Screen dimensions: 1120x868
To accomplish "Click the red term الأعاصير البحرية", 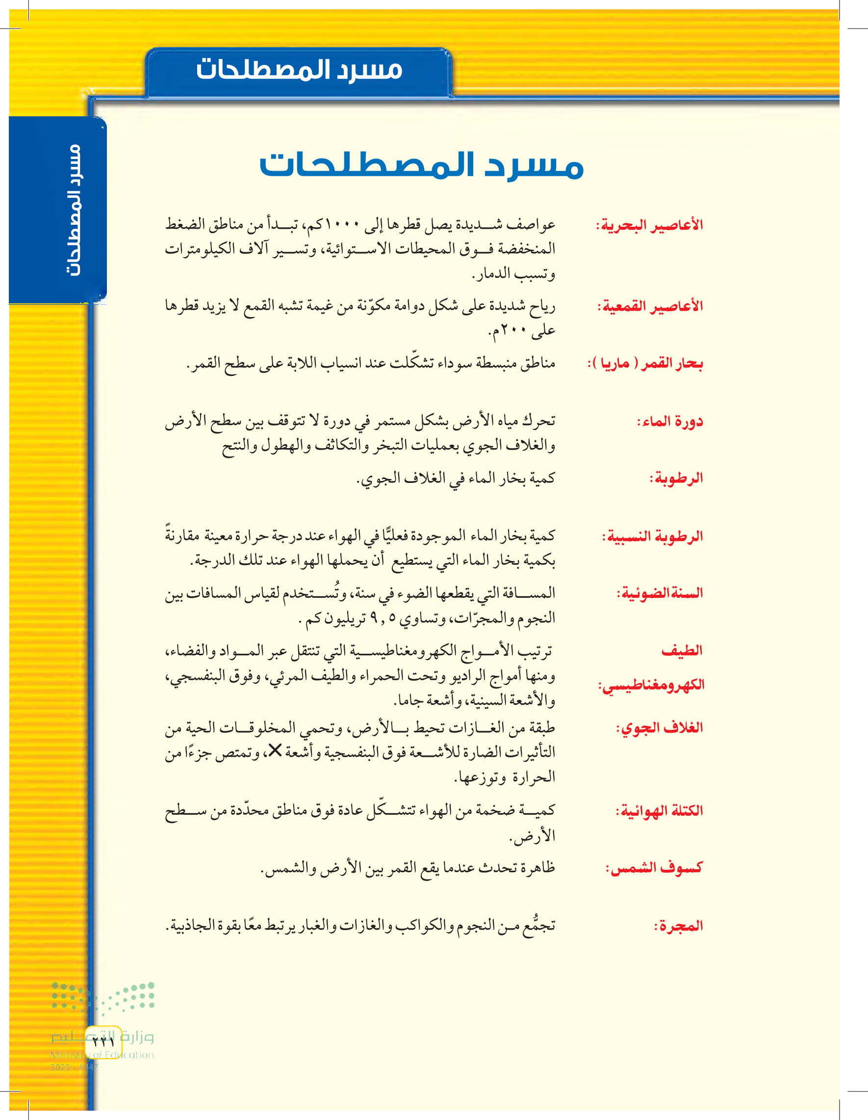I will [x=649, y=225].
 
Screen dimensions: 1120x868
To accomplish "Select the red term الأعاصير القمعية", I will [x=650, y=307].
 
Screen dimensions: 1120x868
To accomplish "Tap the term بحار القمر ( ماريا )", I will [x=645, y=364].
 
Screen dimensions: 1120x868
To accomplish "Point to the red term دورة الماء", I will [x=670, y=422].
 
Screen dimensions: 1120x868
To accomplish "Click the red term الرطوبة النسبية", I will [x=652, y=536].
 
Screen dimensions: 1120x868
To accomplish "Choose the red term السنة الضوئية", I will [x=660, y=593].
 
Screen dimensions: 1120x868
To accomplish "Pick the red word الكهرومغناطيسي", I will [x=651, y=685].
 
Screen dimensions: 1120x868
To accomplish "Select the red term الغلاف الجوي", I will [x=660, y=728].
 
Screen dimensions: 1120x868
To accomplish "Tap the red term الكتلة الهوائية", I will [x=660, y=811].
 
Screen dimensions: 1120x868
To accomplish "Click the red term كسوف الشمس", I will [x=654, y=868].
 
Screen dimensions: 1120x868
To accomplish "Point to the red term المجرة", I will [x=678, y=926].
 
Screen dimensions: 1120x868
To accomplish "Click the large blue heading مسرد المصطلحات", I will [x=421, y=165].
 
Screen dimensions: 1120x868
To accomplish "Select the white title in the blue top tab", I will [x=299, y=70].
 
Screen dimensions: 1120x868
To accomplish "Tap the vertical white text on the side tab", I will [x=75, y=210].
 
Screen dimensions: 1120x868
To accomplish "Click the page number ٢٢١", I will [x=103, y=1041].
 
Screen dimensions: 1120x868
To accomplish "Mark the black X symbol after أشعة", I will [x=275, y=751].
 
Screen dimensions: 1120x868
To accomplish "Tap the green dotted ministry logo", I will [x=102, y=997].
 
